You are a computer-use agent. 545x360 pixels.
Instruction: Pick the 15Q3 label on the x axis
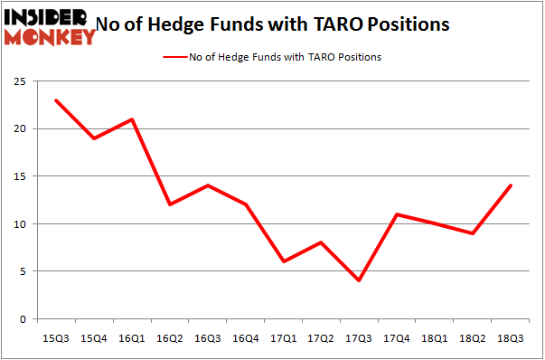tap(56, 337)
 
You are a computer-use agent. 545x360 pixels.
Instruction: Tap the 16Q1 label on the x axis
tap(132, 337)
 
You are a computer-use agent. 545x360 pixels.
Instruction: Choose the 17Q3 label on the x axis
tap(360, 337)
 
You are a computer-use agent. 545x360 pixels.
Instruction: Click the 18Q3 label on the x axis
tap(512, 337)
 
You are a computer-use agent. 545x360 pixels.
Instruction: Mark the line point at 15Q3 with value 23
tap(56, 100)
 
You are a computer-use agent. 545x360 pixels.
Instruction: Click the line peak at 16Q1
tap(132, 119)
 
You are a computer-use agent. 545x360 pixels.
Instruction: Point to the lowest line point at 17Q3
tap(360, 280)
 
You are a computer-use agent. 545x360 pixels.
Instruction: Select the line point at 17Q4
tap(398, 214)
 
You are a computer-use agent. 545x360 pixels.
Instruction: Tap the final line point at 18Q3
tap(512, 185)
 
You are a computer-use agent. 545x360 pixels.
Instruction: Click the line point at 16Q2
tap(170, 204)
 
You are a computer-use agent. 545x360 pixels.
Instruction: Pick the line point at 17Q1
tap(284, 261)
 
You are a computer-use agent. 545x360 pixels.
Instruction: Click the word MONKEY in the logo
tap(50, 36)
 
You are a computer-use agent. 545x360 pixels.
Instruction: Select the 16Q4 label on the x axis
tap(246, 337)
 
